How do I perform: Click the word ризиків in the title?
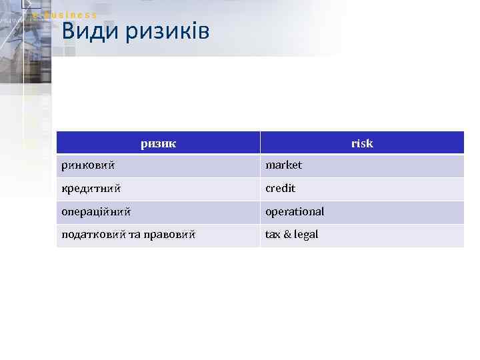167,31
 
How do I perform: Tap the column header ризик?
158,143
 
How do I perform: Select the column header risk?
362,143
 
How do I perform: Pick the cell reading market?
283,165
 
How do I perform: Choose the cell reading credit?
280,188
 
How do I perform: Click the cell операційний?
95,212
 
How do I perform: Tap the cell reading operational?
295,211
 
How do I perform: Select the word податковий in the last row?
92,235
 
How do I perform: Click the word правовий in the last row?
170,235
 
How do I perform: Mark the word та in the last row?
133,235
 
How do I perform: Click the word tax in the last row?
273,235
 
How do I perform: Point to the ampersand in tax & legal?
287,235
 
